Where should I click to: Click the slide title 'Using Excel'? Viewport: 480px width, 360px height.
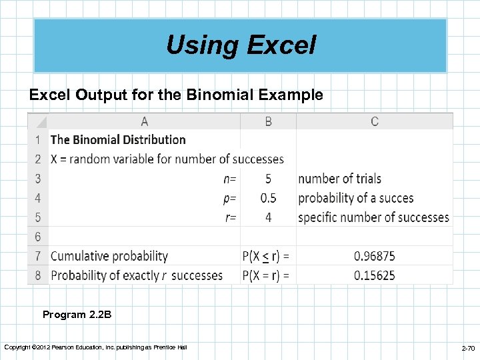(241, 45)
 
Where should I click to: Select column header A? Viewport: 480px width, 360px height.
(145, 121)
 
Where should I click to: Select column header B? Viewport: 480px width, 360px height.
(268, 121)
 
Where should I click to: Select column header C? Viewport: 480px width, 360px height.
(375, 121)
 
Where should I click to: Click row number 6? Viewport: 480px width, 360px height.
(38, 237)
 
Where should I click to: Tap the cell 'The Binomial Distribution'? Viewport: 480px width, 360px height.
(118, 140)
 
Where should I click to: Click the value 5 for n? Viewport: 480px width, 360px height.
(268, 179)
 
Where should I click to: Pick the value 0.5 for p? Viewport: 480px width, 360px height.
(268, 198)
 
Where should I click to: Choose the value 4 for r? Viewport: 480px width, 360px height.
(268, 217)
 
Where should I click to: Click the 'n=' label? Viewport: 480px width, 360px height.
(229, 179)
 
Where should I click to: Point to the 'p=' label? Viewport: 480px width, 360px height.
(229, 198)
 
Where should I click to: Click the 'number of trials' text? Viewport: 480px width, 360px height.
(340, 179)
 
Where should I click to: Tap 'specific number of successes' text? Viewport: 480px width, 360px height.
(373, 217)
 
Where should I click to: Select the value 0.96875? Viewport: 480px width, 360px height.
(375, 256)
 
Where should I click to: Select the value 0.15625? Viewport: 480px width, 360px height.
(375, 275)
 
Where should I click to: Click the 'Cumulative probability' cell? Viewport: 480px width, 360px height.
(109, 256)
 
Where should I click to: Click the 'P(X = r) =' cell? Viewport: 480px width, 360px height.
(267, 275)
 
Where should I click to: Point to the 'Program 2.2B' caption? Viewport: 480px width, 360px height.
(73, 315)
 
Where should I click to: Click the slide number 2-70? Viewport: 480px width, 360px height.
(468, 349)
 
